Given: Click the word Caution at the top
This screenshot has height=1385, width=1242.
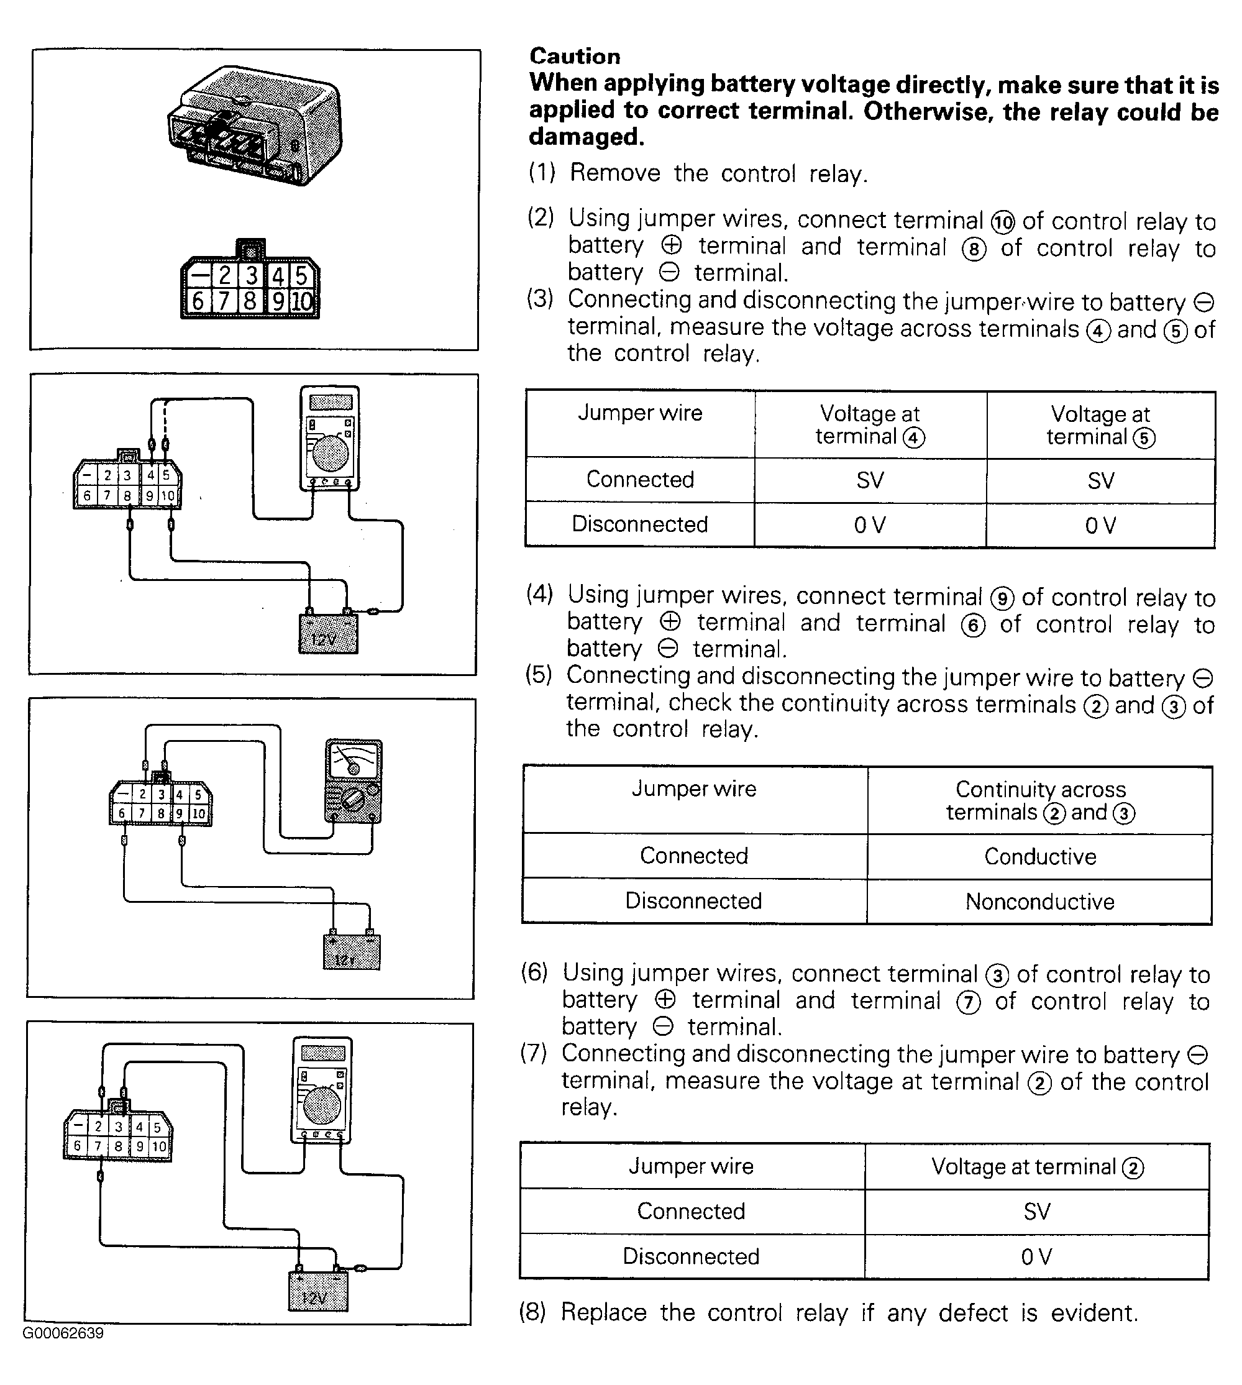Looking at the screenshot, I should point(575,56).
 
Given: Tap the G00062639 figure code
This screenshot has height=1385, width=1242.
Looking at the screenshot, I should point(63,1333).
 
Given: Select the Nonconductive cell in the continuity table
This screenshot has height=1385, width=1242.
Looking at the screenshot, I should point(1039,902).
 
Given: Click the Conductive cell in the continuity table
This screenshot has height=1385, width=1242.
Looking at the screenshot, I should point(1039,857).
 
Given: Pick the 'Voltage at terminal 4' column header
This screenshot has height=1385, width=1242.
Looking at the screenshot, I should point(870,424).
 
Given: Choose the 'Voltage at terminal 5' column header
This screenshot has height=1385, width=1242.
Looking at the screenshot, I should point(1100,425).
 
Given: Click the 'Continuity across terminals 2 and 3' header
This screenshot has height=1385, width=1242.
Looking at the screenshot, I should point(1040,801).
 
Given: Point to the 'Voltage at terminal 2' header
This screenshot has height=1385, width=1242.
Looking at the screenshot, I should point(1036,1166).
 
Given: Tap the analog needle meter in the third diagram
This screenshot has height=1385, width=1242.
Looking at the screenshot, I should point(353,781).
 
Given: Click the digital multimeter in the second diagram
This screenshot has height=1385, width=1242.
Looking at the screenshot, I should point(331,438).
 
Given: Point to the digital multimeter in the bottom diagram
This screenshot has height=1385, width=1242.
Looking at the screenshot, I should point(322,1089).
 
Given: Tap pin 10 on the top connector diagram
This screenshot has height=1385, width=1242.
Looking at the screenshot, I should point(301,301).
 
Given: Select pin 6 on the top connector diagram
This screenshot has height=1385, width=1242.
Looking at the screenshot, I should point(198,301).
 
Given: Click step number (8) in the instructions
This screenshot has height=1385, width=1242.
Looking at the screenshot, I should point(533,1311).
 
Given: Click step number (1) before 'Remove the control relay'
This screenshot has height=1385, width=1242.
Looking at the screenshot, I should point(542,173).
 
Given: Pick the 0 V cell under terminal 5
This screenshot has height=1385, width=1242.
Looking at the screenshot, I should point(1100,526).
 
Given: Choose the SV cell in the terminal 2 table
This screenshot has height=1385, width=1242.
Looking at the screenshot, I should point(1036,1212).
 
